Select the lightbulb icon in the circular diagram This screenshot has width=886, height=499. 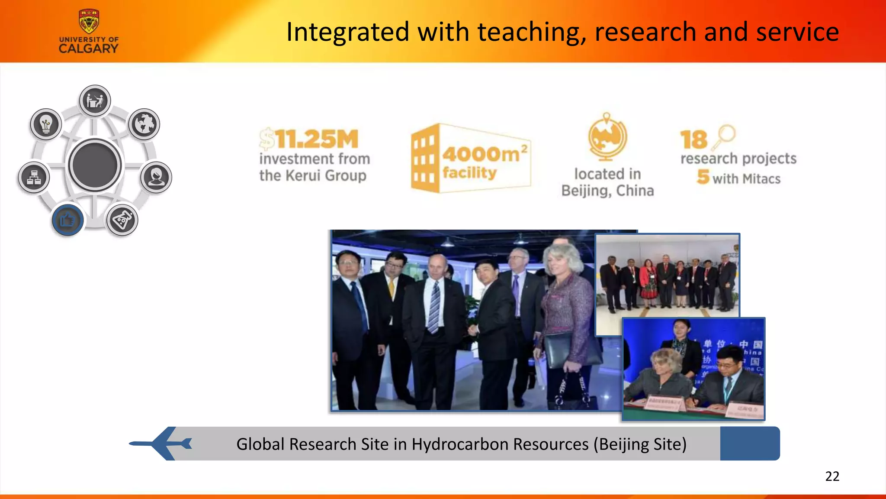point(46,124)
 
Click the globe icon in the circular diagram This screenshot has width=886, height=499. point(144,124)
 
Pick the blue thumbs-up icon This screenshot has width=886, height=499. point(67,220)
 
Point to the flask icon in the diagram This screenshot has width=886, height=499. point(122,220)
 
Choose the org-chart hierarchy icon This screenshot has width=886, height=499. point(34,177)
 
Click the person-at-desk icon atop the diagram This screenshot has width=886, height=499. point(95,100)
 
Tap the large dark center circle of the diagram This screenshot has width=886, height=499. point(95,165)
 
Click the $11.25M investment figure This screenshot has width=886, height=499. point(309,139)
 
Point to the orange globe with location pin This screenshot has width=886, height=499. point(607,136)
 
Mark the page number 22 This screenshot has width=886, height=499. point(832,476)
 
